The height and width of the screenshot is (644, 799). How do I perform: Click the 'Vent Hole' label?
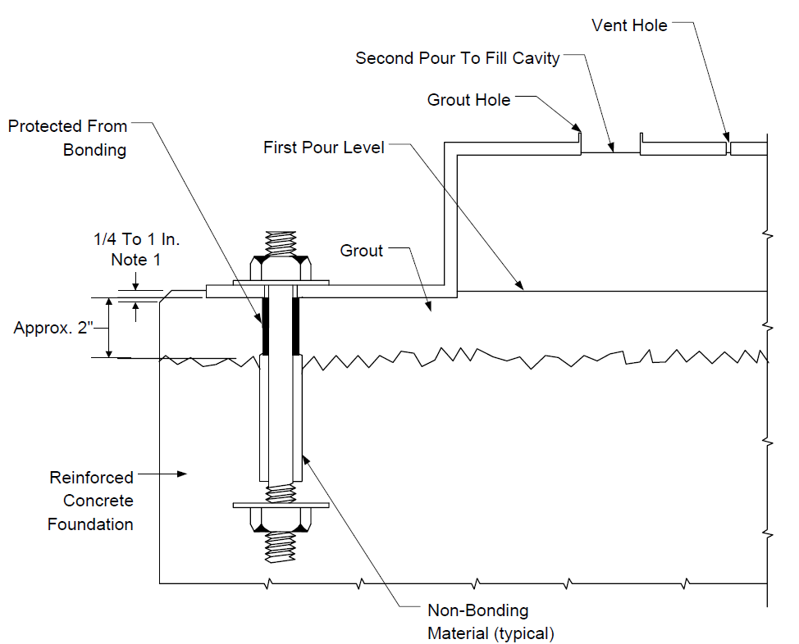point(629,25)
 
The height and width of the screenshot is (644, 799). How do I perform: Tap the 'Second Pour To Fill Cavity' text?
point(457,58)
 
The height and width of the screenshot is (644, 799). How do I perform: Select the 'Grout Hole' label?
point(468,100)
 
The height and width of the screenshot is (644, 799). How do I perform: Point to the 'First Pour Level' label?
point(323,147)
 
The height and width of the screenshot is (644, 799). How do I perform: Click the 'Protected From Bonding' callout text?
point(67,138)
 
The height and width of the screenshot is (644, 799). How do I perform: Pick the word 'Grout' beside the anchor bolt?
point(361,251)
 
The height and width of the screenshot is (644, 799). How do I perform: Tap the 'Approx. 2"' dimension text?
point(53,328)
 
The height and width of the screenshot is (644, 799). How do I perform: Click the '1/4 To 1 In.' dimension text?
point(136,239)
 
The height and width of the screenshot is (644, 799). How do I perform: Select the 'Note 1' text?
point(135,261)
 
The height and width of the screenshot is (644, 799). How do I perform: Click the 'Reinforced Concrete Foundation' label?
point(91,501)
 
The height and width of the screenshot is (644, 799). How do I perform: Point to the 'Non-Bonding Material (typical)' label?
point(491,622)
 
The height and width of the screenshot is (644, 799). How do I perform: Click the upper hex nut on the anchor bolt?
point(281,268)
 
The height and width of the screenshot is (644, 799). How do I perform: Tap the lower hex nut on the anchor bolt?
point(281,520)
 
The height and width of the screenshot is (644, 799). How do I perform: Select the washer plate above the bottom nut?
point(281,506)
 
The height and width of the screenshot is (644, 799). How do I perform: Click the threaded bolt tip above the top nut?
point(281,243)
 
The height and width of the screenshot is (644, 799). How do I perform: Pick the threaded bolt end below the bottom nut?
point(281,547)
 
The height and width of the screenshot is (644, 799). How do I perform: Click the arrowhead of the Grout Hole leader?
point(577,127)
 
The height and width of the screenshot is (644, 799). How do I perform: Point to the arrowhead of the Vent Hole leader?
point(726,137)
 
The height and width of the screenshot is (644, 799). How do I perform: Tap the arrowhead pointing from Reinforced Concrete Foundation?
point(182,474)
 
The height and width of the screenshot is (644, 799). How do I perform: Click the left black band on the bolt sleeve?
point(265,326)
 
